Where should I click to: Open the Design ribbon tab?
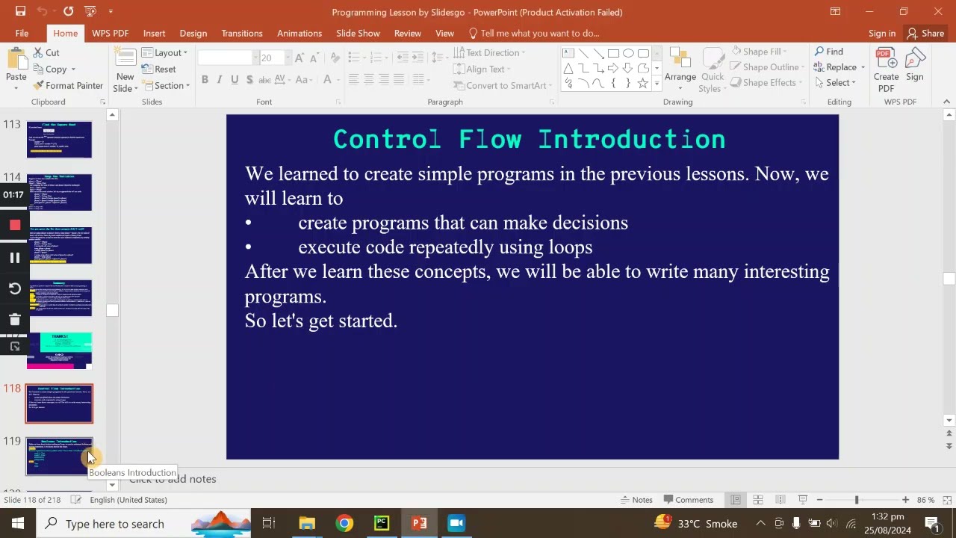(x=193, y=33)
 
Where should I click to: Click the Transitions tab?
(x=241, y=33)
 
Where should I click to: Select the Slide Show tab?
(x=358, y=33)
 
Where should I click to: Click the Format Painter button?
(x=68, y=85)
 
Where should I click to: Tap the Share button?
(x=925, y=33)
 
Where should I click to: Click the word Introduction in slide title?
(x=631, y=139)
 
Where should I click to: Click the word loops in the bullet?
(x=570, y=247)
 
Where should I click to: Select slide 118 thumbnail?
(x=59, y=403)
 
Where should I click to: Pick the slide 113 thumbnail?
(x=59, y=139)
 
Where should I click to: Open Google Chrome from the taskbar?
(x=344, y=523)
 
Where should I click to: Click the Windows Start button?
(x=18, y=523)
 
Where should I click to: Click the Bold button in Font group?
(x=205, y=79)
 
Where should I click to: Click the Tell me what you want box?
(x=539, y=33)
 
